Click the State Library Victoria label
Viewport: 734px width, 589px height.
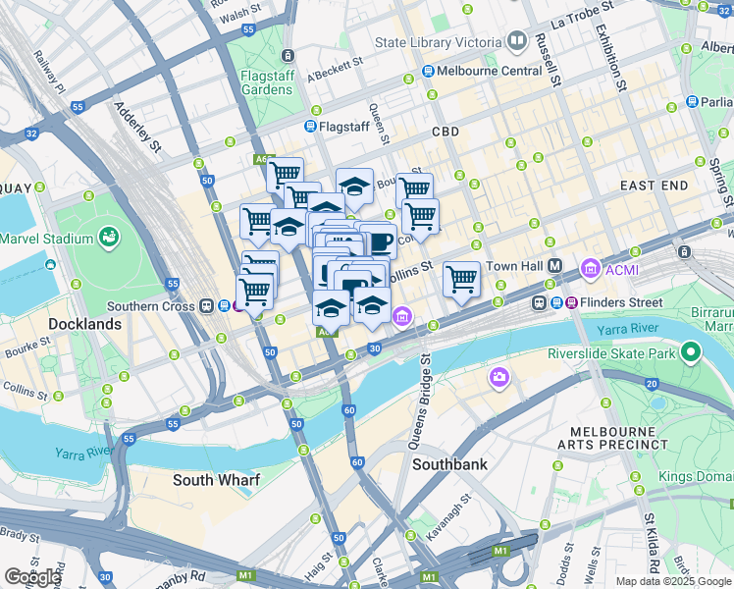click(438, 43)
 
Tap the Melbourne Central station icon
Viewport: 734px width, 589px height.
click(429, 72)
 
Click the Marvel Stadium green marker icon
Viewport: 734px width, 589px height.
click(107, 239)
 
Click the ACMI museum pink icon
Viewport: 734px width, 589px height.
click(590, 267)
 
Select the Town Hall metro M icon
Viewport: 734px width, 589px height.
click(554, 266)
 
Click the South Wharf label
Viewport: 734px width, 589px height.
click(216, 480)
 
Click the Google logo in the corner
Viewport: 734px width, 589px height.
click(31, 576)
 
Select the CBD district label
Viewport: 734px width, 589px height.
click(445, 131)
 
